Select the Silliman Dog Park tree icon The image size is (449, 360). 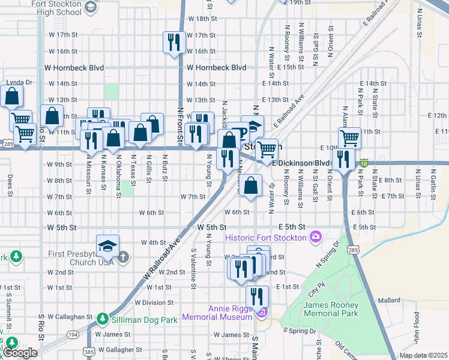(103, 319)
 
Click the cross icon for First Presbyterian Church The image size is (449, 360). (122, 257)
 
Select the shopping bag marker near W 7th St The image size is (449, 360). (253, 185)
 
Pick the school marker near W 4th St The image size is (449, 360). (107, 247)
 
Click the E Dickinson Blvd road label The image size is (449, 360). (301, 163)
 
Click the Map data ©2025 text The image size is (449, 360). (423, 355)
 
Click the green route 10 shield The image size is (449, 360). (364, 163)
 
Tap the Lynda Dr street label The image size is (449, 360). (19, 82)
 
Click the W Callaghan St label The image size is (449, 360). (68, 316)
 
